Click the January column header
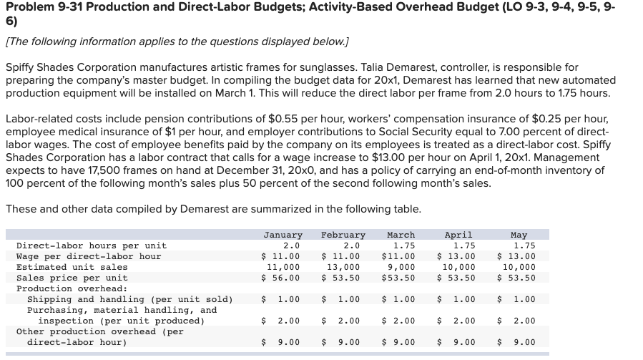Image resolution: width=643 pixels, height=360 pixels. coord(283,235)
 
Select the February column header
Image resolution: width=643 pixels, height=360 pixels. coord(343,235)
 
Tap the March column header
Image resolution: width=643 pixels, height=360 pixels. coord(401,235)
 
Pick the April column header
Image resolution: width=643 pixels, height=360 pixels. coord(458,235)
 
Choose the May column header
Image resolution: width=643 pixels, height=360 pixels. coord(519,235)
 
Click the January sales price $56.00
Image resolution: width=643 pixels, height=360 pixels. coord(283,278)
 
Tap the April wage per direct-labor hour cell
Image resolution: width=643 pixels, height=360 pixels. coord(456,256)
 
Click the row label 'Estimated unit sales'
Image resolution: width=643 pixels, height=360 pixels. coord(72,267)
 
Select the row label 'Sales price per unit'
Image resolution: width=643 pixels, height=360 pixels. coord(72,278)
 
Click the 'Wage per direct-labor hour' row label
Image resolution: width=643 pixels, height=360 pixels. coord(88,256)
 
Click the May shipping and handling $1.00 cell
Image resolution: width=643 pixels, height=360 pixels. coord(519,299)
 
